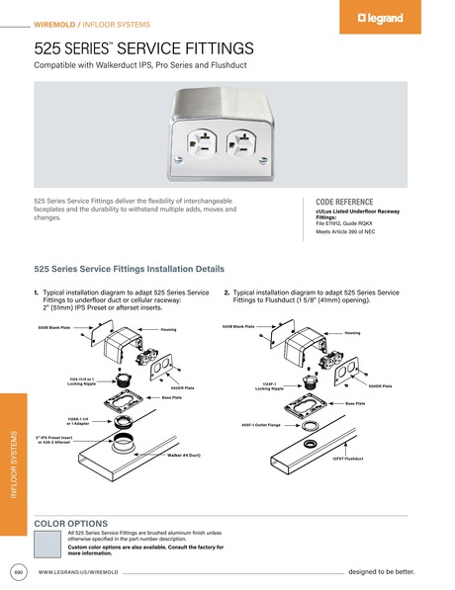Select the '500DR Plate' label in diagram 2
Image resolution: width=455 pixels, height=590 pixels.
click(x=381, y=385)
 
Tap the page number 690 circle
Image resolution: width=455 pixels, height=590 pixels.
click(x=19, y=572)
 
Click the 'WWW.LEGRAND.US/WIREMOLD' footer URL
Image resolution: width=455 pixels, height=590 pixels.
click(x=78, y=572)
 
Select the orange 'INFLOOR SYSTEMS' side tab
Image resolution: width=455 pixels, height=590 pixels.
click(x=13, y=464)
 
